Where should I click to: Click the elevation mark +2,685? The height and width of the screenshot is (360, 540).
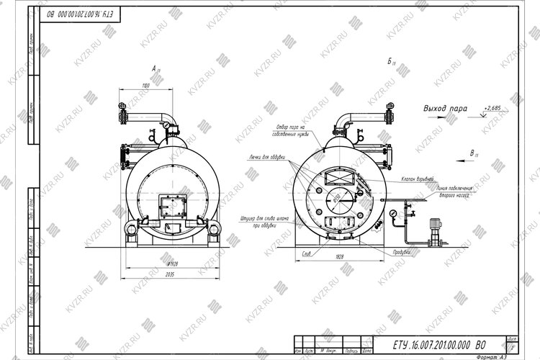(x=493, y=107)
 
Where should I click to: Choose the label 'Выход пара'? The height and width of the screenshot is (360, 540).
(x=445, y=109)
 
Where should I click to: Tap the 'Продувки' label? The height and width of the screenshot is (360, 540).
(x=402, y=252)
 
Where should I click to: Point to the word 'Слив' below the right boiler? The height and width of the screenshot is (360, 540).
(x=306, y=253)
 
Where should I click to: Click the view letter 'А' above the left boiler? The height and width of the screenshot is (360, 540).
(x=154, y=68)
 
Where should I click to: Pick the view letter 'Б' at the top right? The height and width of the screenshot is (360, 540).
(x=390, y=62)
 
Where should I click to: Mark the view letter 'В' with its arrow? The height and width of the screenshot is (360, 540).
(x=472, y=153)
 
